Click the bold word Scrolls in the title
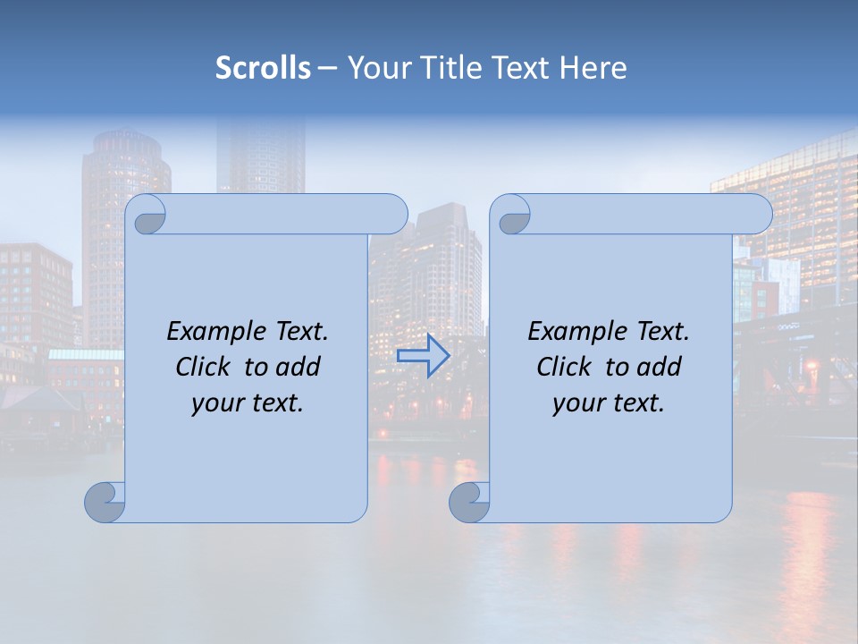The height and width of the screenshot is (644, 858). [x=263, y=68]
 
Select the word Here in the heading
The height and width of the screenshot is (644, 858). [x=593, y=68]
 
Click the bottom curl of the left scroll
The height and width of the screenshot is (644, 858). [x=104, y=502]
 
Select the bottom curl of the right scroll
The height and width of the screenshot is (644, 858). [x=468, y=502]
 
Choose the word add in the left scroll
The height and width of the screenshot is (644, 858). [x=299, y=367]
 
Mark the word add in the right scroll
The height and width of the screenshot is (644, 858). [x=660, y=367]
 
